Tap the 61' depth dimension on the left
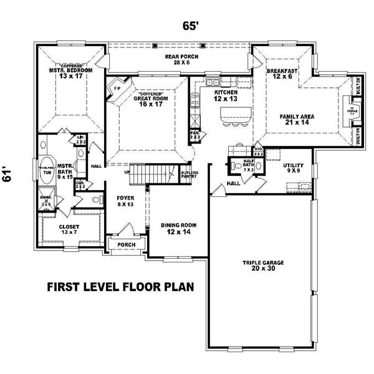click(x=8, y=177)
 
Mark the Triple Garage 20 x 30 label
click(x=264, y=265)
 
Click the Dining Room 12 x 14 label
click(x=174, y=229)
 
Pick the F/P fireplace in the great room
click(x=117, y=90)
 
